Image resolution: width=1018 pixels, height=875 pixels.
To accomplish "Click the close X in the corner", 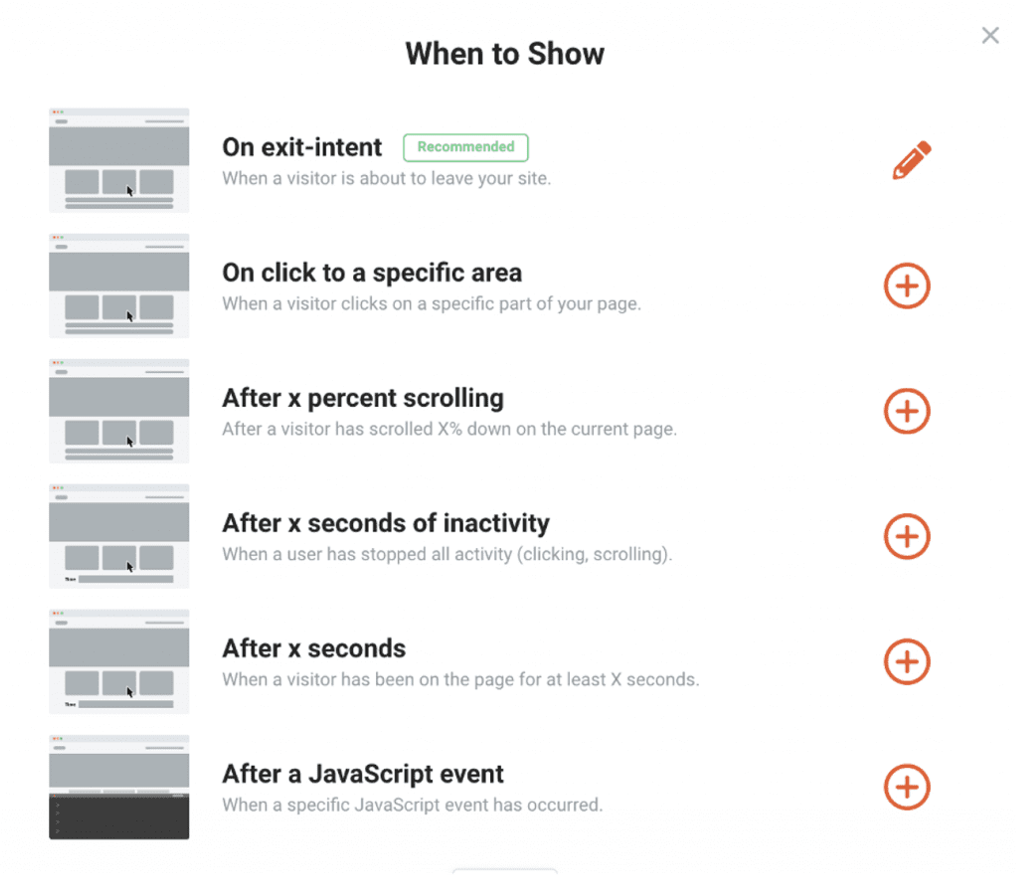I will [990, 35].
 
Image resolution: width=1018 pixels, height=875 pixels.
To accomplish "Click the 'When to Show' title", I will [504, 54].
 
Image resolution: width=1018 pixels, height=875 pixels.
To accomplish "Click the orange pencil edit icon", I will [911, 160].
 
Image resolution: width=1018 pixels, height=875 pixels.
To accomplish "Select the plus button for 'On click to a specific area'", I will [907, 286].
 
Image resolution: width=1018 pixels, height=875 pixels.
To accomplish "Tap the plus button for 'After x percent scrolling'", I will [907, 411].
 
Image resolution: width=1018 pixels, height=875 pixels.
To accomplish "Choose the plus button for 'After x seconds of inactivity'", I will [907, 536].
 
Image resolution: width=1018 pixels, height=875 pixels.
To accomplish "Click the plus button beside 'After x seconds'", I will [907, 662].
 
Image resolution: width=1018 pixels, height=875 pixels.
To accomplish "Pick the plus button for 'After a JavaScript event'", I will [907, 787].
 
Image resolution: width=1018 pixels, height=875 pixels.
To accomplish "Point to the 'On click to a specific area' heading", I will [372, 273].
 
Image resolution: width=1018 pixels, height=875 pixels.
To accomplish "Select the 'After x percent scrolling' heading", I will [363, 398].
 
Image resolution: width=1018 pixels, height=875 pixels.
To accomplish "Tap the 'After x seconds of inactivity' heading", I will [386, 523].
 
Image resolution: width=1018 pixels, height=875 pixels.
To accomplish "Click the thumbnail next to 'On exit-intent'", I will [119, 160].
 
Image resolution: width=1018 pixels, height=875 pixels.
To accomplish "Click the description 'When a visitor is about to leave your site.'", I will [386, 178].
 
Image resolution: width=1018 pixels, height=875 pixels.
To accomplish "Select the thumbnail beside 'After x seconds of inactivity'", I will [119, 536].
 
